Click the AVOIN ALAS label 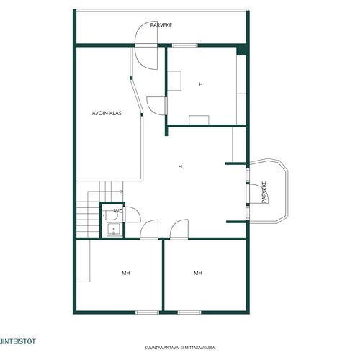point(107,113)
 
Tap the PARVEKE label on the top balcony point(161,25)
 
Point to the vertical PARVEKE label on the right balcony point(264,192)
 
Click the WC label point(118,211)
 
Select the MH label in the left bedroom point(126,273)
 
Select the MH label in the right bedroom point(198,273)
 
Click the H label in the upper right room point(201,84)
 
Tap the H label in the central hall point(180,166)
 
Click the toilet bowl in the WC point(110,215)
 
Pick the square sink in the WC point(114,230)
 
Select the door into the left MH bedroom point(149,230)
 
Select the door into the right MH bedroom point(179,230)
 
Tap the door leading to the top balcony point(146,45)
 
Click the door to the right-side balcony point(258,194)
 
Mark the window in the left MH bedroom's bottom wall point(147,312)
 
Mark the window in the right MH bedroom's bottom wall point(189,312)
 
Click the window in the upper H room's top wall point(185,45)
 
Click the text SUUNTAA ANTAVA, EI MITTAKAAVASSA point(180,348)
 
